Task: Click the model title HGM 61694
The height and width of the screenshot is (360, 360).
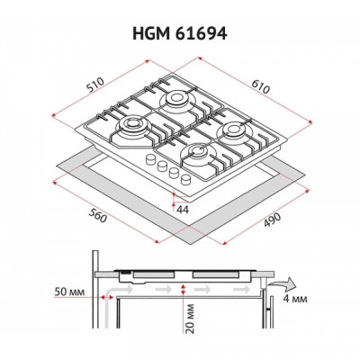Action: (180, 33)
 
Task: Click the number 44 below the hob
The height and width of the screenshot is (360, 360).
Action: (182, 210)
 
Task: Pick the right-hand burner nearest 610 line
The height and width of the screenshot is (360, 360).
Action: (234, 129)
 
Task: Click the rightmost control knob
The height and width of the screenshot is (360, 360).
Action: (185, 178)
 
